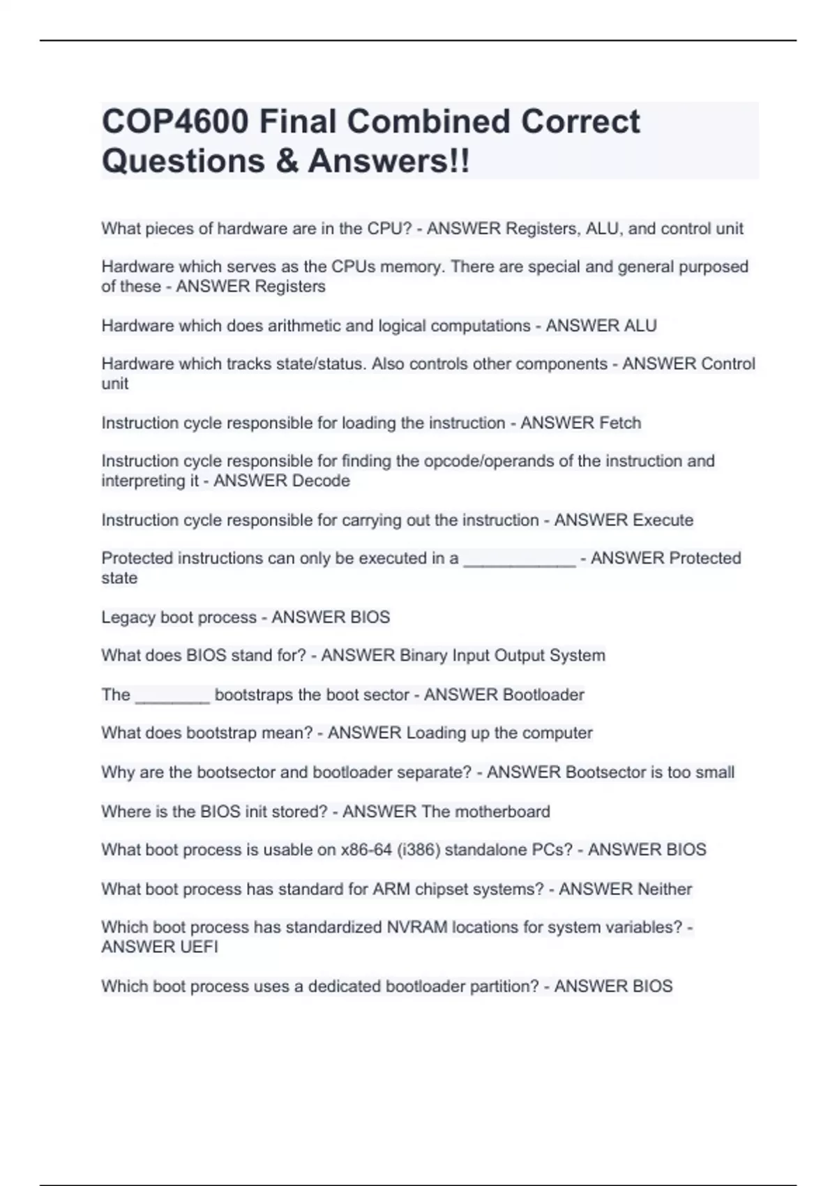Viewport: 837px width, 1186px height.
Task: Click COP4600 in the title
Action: click(x=175, y=121)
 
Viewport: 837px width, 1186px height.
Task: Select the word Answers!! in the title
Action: click(x=389, y=161)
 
